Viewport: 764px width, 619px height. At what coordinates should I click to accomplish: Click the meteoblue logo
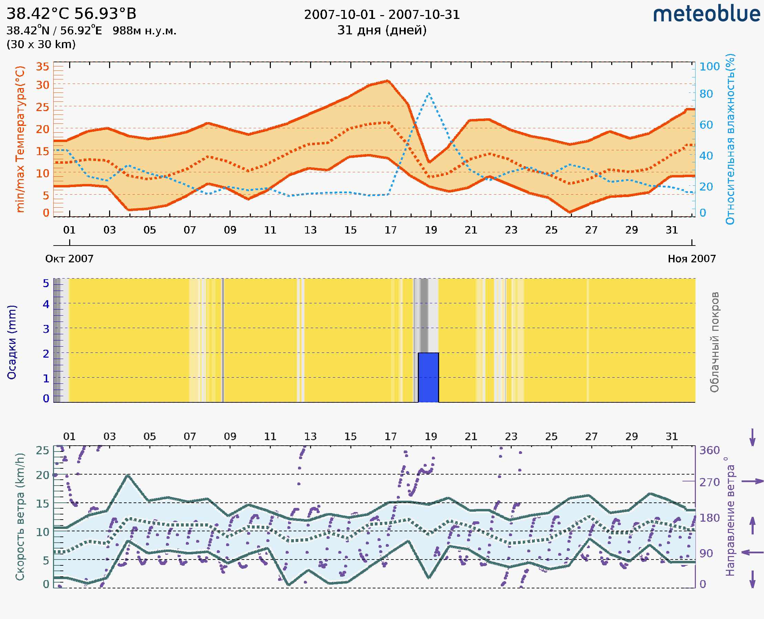(706, 14)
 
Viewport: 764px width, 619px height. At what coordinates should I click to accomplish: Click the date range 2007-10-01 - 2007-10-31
(382, 15)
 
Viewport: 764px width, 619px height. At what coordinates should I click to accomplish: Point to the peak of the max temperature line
(388, 81)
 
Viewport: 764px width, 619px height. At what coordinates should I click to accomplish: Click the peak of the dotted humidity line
(429, 94)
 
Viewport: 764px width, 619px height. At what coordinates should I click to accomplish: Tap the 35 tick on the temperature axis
(42, 67)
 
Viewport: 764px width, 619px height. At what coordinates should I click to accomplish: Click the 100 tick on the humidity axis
(709, 67)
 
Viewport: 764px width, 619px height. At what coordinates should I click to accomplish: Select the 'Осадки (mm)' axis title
(12, 342)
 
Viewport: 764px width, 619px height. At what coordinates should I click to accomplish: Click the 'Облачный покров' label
(714, 342)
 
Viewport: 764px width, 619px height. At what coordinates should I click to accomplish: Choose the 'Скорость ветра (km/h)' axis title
(20, 517)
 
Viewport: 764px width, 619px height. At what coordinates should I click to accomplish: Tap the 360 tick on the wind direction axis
(709, 450)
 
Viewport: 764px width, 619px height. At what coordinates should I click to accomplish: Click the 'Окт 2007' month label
(69, 259)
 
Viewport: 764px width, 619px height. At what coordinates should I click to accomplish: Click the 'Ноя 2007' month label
(692, 259)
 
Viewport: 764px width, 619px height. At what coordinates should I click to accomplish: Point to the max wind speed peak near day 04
(127, 475)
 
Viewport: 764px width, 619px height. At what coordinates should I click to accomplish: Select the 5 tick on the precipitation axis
(46, 283)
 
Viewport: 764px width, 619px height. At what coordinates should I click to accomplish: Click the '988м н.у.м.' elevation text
(144, 31)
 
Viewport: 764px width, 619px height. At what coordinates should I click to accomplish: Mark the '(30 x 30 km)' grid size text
(41, 45)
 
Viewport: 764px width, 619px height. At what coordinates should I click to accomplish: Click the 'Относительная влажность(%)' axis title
(731, 139)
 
